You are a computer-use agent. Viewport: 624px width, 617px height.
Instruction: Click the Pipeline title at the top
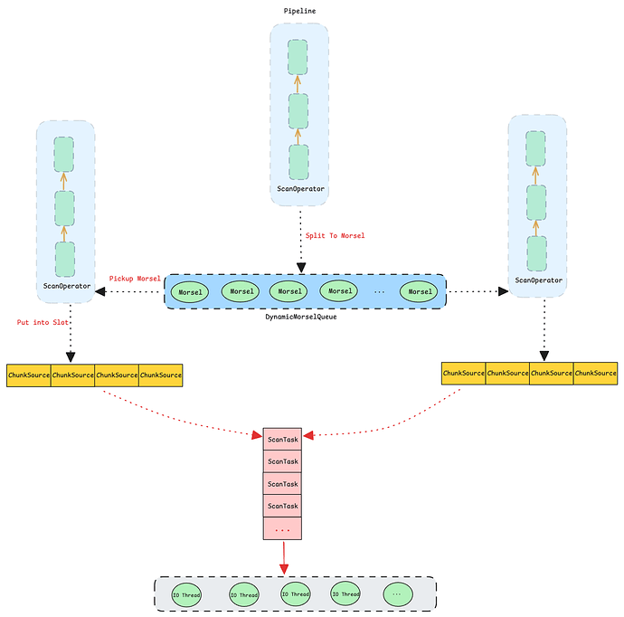[x=298, y=10]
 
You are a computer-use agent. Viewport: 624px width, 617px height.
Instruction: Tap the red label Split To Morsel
[x=335, y=235]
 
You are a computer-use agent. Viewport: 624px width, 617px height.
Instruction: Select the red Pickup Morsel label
[x=135, y=278]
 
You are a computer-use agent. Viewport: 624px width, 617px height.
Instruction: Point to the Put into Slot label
[x=43, y=322]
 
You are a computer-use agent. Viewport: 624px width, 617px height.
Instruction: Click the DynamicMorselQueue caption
[x=301, y=317]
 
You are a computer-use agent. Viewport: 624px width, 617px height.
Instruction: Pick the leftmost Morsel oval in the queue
[x=190, y=292]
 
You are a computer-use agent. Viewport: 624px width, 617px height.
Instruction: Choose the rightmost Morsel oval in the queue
[x=421, y=292]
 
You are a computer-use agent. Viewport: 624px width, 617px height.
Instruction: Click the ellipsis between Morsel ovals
[x=379, y=292]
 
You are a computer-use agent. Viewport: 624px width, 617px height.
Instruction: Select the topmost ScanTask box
[x=282, y=439]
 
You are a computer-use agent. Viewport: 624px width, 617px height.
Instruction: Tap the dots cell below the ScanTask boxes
[x=282, y=528]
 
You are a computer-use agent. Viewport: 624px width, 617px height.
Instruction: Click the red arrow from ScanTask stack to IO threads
[x=283, y=556]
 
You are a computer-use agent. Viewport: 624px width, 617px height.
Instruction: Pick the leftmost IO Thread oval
[x=186, y=594]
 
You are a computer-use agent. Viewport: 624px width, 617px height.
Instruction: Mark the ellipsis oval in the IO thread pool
[x=397, y=594]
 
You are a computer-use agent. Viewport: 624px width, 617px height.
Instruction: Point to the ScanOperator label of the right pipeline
[x=538, y=280]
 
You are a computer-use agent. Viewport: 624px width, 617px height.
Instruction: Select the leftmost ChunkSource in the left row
[x=28, y=375]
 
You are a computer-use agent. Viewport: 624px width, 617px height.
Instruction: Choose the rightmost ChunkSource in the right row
[x=596, y=373]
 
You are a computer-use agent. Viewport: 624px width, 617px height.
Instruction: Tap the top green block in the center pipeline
[x=298, y=57]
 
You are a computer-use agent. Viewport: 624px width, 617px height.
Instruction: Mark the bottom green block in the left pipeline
[x=65, y=259]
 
